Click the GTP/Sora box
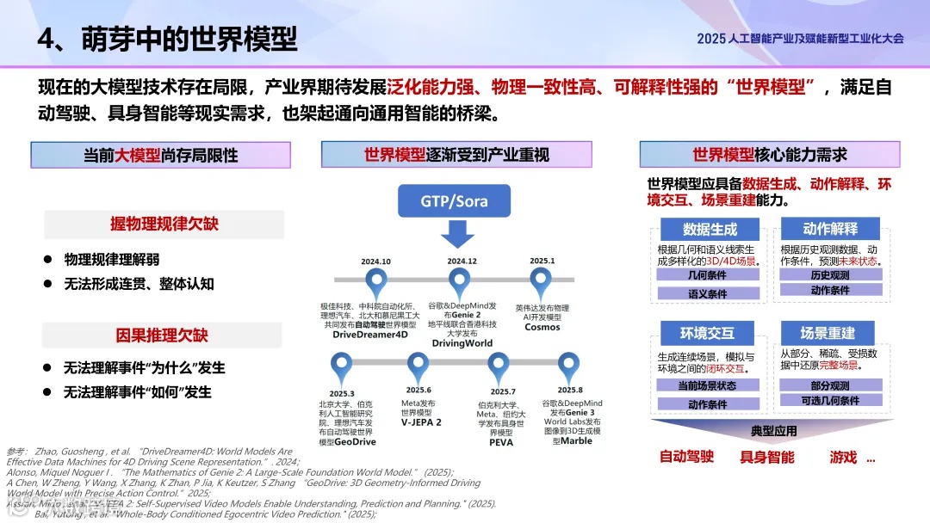pyautogui.click(x=454, y=201)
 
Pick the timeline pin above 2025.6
pyautogui.click(x=418, y=365)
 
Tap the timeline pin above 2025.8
pyautogui.click(x=568, y=365)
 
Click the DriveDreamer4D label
pyautogui.click(x=370, y=335)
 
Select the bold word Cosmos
pyautogui.click(x=542, y=327)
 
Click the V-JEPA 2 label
pyautogui.click(x=420, y=422)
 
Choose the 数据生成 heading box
pyautogui.click(x=710, y=230)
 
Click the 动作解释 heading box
pyautogui.click(x=830, y=229)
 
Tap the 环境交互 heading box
pyautogui.click(x=707, y=333)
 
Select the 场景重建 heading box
pyautogui.click(x=828, y=333)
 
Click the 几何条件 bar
pyautogui.click(x=708, y=275)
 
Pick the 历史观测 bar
pyautogui.click(x=830, y=275)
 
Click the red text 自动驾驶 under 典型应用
pyautogui.click(x=686, y=457)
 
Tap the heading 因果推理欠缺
pyautogui.click(x=163, y=335)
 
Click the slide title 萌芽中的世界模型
pyautogui.click(x=189, y=39)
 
